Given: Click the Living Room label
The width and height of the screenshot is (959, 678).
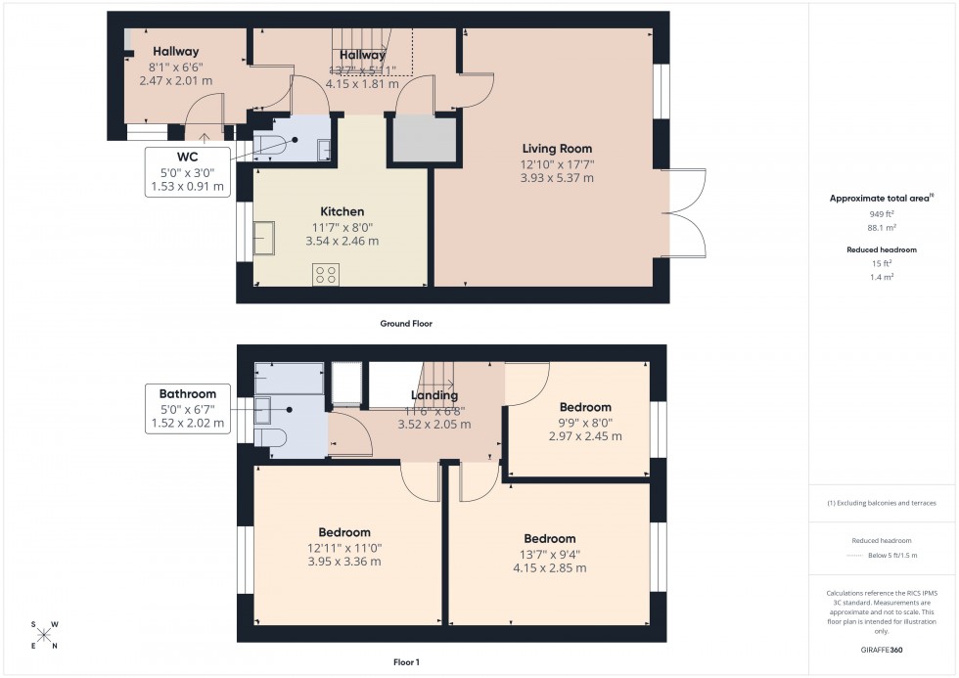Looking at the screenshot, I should coord(557,149).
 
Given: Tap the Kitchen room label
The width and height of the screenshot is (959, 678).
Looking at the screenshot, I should coord(342,211).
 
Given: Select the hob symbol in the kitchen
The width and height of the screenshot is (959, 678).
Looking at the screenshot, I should coord(326,275).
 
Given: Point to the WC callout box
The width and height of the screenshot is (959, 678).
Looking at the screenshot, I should coord(187,171).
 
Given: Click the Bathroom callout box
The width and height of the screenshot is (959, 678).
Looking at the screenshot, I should coord(187,410).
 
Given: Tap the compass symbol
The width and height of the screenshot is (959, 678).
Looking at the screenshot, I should coord(44,634).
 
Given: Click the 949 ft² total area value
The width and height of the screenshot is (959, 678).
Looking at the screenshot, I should coord(883,213).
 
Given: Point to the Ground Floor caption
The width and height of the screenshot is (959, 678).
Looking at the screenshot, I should coord(405,323).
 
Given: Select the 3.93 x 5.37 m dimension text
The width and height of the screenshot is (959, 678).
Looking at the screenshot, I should coord(557,178).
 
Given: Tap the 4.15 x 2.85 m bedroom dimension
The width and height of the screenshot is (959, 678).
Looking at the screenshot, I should coord(549,567).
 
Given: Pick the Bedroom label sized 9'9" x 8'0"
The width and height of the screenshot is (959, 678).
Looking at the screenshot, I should coord(585,407).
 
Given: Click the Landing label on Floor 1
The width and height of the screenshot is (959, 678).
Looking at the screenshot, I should coord(434,396).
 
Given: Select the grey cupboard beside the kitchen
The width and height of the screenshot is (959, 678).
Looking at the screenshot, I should coord(425,139).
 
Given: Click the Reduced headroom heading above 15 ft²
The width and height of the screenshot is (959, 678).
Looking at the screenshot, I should coord(882,249).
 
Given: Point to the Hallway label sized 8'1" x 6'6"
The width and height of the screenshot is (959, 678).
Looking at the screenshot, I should coord(175,52).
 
